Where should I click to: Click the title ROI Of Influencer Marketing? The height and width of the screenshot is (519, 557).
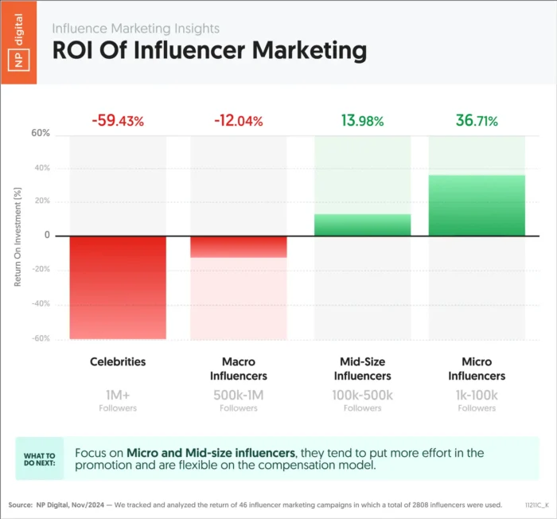tap(209, 50)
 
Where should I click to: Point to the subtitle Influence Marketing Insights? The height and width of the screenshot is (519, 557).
tap(135, 28)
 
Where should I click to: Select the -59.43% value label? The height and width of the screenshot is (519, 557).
tap(118, 121)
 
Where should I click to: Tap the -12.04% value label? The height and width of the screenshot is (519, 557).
tap(238, 121)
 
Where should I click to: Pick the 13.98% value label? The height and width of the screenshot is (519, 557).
tap(363, 121)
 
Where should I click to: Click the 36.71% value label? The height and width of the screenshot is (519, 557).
tap(477, 121)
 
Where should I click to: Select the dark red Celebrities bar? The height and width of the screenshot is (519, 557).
tap(118, 287)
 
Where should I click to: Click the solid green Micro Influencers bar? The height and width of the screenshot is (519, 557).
tap(477, 205)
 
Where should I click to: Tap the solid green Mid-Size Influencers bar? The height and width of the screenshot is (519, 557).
tap(363, 225)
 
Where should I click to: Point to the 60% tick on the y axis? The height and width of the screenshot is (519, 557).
tap(41, 134)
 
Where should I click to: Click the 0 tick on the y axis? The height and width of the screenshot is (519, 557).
tap(47, 236)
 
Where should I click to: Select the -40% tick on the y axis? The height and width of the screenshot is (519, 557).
tap(39, 304)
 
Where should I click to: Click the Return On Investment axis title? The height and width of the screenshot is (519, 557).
tap(18, 236)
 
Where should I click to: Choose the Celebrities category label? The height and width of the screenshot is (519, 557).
tap(118, 361)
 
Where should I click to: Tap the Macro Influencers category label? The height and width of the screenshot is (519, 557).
tap(238, 369)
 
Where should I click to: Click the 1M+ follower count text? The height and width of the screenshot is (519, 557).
tap(118, 394)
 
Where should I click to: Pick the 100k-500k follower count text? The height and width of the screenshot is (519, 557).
tap(363, 394)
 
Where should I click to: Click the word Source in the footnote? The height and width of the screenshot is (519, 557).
tap(20, 505)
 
